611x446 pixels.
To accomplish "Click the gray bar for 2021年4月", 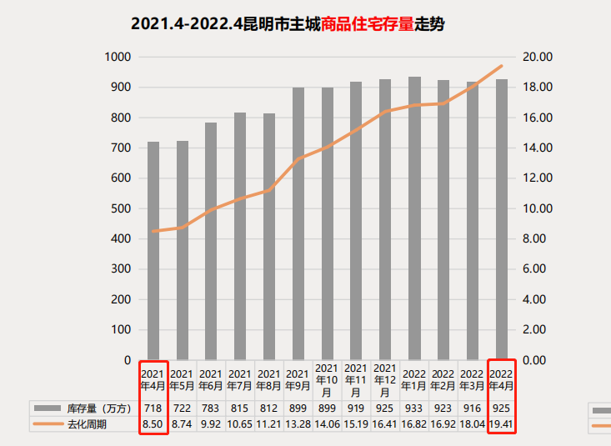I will tap(153, 250).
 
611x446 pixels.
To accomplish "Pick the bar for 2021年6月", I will tap(211, 241).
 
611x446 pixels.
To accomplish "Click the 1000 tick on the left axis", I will tap(118, 57).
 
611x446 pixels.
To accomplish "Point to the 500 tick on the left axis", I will tap(121, 208).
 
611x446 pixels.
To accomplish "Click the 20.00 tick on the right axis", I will tap(539, 57).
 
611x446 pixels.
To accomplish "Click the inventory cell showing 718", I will tap(153, 408).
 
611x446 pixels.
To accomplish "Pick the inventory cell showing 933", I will tap(414, 408).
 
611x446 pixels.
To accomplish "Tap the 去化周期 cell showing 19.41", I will tap(502, 424).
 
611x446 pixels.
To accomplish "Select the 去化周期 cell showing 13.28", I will tap(298, 424).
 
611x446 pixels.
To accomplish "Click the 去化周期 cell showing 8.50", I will tap(153, 424).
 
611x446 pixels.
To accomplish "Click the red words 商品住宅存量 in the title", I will tap(368, 24).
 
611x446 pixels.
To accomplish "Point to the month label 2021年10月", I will tap(327, 379).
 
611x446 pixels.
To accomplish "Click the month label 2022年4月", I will tap(502, 379).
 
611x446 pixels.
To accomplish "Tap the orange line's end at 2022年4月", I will tap(502, 65).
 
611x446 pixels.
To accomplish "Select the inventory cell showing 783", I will tap(211, 408).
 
